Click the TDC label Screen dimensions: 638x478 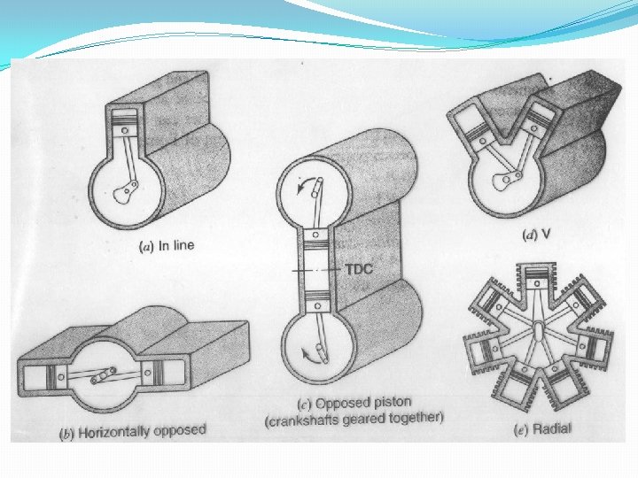click(359, 269)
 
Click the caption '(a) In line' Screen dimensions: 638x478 click(167, 246)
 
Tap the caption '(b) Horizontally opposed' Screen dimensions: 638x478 click(133, 432)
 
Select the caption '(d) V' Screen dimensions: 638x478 click(536, 235)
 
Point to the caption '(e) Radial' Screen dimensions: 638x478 click(542, 428)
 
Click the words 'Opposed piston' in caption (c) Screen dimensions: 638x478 click(363, 403)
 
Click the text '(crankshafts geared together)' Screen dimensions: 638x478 click(354, 419)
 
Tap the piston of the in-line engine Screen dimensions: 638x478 click(125, 125)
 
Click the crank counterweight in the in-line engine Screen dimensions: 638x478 click(122, 194)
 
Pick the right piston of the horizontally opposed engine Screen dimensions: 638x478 click(152, 373)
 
